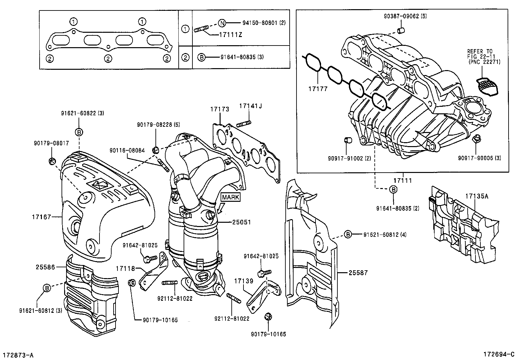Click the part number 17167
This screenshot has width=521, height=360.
pos(42,217)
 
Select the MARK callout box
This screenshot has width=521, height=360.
pos(231,197)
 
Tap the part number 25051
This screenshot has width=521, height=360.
pos(242,222)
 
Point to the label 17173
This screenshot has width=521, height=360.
pos(220,109)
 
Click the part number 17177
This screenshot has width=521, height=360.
pos(317,89)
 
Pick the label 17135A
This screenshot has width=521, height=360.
pos(477,196)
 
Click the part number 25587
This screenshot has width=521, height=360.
pos(358,273)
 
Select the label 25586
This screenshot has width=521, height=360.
pos(45,267)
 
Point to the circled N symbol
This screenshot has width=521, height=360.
pos(222,23)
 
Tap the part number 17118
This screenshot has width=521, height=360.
pos(125,269)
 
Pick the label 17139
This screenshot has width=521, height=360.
pos(244,281)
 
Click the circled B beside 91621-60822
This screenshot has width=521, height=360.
pos(79,132)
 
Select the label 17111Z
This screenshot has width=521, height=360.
pos(231,35)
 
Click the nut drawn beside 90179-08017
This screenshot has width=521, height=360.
pos(51,160)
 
